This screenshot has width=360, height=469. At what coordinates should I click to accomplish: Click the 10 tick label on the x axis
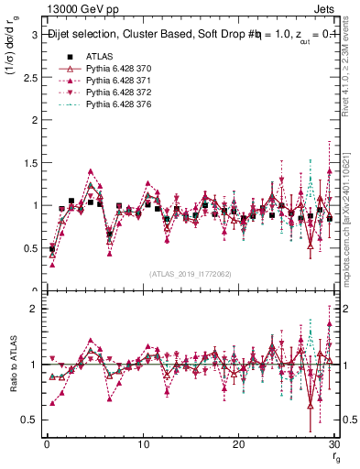tap(143, 445)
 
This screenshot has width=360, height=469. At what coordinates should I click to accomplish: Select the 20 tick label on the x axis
tap(239, 445)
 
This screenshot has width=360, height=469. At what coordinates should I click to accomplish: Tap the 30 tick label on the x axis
tap(334, 445)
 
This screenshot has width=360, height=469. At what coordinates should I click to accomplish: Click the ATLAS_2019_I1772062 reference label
tap(190, 274)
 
